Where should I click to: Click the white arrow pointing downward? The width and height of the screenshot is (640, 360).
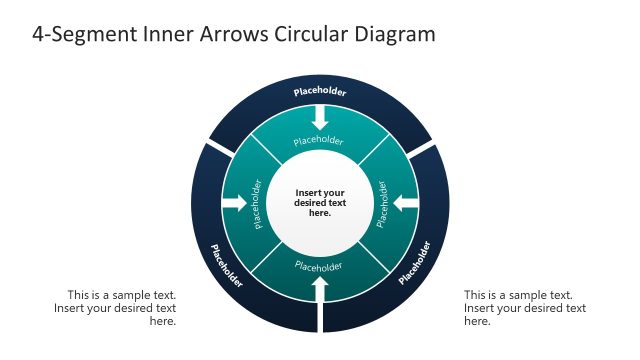pyautogui.click(x=320, y=118)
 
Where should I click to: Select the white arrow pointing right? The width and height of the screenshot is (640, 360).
pyautogui.click(x=235, y=203)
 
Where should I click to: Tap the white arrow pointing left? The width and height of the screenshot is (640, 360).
pyautogui.click(x=405, y=203)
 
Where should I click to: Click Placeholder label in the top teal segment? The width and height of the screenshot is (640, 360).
pyautogui.click(x=320, y=140)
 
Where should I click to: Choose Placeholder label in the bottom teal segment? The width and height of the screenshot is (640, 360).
pyautogui.click(x=320, y=266)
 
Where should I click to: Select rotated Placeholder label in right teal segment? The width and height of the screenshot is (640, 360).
pyautogui.click(x=382, y=203)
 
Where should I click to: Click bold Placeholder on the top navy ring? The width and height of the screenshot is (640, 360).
pyautogui.click(x=320, y=93)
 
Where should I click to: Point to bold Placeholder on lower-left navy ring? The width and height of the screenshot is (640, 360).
pyautogui.click(x=226, y=265)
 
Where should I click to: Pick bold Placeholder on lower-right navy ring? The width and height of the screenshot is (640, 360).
pyautogui.click(x=414, y=262)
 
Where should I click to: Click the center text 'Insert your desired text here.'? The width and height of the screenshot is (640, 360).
pyautogui.click(x=320, y=203)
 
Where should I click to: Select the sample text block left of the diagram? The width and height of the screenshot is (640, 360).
pyautogui.click(x=115, y=308)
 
